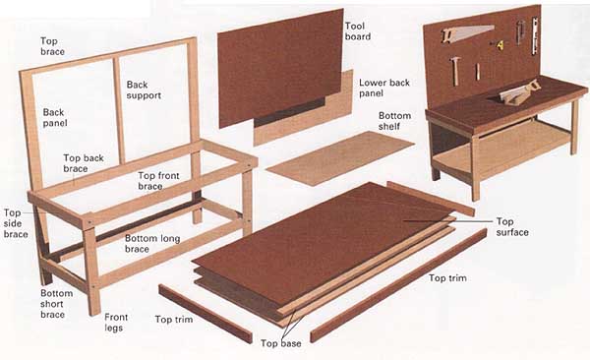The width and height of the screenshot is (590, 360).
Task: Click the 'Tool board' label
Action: [x=358, y=31]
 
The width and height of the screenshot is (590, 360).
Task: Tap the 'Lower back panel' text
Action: [x=384, y=88]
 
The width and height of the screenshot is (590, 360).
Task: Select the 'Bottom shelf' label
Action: [x=394, y=121]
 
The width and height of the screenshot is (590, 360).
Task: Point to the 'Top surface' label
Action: [x=512, y=226]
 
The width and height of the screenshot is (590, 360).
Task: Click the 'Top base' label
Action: [x=280, y=343]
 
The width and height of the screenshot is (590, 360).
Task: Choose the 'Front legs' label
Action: [x=116, y=323]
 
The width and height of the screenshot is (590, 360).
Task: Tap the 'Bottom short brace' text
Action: [x=57, y=304]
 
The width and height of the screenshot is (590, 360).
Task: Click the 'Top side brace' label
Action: [x=16, y=223]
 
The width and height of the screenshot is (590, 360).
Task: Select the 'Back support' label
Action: [x=144, y=90]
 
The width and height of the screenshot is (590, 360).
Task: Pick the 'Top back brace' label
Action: [x=84, y=163]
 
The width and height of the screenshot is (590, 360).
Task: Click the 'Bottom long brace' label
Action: [x=152, y=243]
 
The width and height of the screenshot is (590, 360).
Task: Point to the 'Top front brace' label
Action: [x=158, y=181]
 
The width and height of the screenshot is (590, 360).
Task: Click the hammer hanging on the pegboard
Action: [x=455, y=71]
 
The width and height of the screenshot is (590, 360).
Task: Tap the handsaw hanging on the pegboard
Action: [x=467, y=33]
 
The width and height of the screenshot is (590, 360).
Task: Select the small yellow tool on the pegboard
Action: [x=500, y=45]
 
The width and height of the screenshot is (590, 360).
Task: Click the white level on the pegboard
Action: [x=535, y=35]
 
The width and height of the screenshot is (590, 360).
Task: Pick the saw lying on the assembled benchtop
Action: [x=520, y=92]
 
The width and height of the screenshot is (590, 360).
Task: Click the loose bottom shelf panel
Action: [x=340, y=157]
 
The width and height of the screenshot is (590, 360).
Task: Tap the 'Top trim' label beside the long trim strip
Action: [x=447, y=278]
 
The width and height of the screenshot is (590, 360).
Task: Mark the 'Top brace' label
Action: [x=52, y=46]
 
